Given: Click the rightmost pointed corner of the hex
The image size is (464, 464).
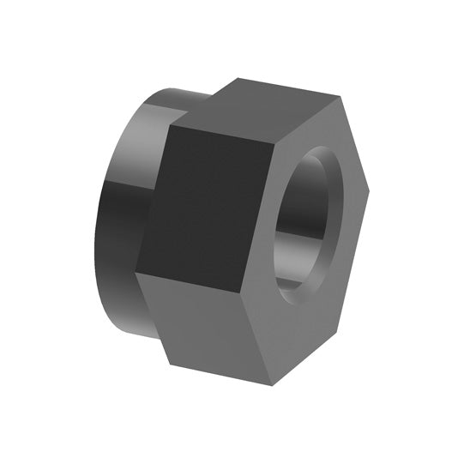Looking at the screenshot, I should point(369,190).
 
